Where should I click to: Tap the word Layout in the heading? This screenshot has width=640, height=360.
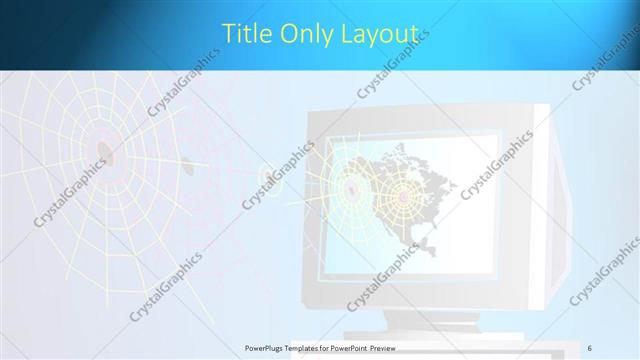[378, 35]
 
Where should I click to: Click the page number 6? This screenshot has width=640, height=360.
[590, 347]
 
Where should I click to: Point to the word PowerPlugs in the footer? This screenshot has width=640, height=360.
[269, 348]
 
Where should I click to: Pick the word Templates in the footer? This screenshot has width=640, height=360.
[317, 348]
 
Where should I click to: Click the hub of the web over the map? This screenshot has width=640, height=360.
[405, 197]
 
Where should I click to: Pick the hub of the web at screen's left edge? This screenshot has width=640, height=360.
[350, 185]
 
